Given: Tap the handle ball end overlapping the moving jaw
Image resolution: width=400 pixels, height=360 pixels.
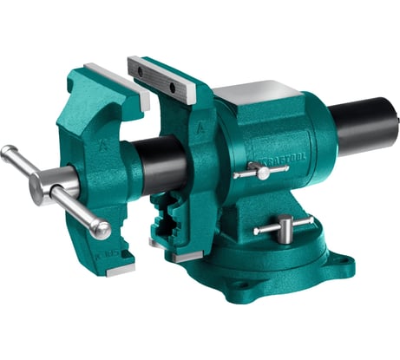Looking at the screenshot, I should pos(100,230).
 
